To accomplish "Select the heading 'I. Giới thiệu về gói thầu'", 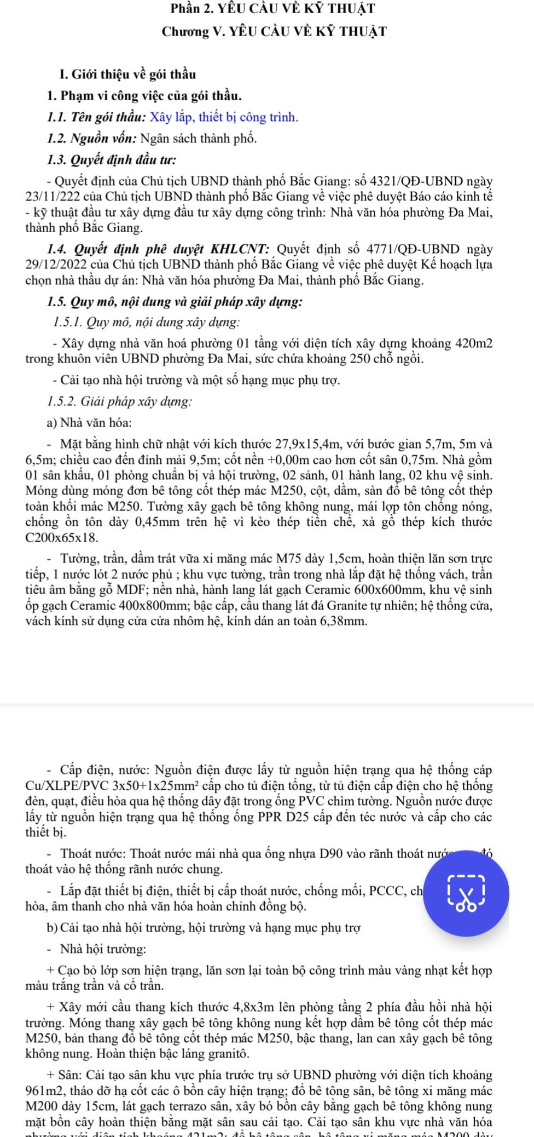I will point(127,74).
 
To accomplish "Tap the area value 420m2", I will point(474,344).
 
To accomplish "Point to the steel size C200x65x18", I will point(62,538).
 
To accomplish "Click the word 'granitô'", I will point(226,1054).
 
